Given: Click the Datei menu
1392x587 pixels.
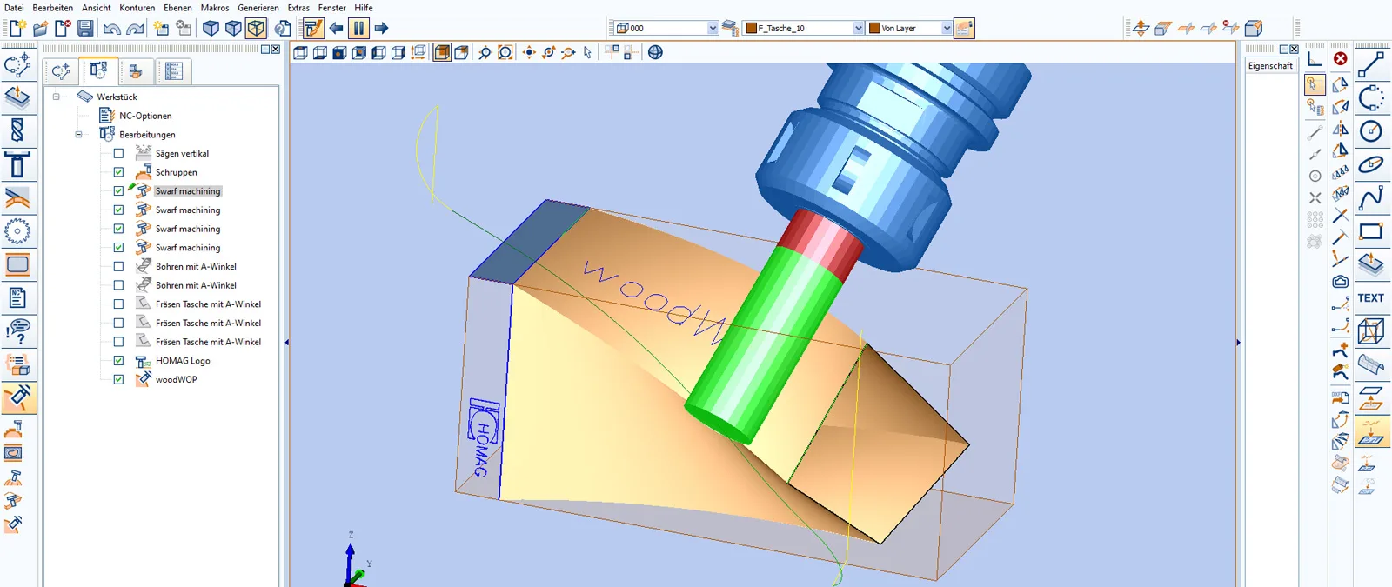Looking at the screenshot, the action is (x=14, y=8).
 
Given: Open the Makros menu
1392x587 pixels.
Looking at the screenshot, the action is (x=214, y=8).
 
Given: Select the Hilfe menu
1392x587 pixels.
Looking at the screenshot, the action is (x=364, y=8).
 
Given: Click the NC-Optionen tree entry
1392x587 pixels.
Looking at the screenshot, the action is (x=145, y=116).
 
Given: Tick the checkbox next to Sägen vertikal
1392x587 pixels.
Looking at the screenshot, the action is (x=118, y=153).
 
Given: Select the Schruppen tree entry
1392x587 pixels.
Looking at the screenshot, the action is (x=177, y=172).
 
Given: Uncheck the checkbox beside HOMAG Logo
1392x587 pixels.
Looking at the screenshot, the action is (x=118, y=360).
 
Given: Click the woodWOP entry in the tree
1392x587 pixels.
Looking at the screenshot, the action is (x=177, y=379).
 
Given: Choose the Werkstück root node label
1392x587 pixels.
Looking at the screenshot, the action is (x=117, y=97).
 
